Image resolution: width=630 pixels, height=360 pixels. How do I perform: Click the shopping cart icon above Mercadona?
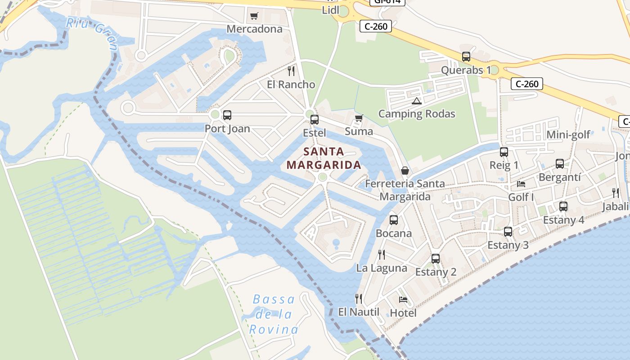(x=254, y=16)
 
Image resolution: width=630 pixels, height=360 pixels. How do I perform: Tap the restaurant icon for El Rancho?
(x=291, y=71)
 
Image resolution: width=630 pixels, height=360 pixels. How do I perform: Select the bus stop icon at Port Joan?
(x=227, y=115)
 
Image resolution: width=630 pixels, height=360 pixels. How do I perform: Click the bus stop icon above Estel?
(x=315, y=120)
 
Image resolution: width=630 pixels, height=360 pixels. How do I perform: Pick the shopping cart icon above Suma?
(x=359, y=118)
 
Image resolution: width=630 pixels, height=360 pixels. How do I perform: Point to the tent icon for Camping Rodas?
(x=416, y=101)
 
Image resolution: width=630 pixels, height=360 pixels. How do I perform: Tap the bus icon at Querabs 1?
(x=466, y=57)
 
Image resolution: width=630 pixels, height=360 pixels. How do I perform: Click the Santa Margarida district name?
(x=324, y=158)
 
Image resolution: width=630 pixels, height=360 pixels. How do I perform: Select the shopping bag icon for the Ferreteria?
(x=405, y=171)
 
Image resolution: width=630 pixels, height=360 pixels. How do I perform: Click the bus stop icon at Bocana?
(x=394, y=220)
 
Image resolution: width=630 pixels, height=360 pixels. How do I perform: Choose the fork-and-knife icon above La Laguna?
(x=382, y=255)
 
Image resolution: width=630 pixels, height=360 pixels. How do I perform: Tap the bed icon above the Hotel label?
(x=403, y=299)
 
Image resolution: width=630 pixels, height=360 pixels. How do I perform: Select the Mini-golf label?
(x=568, y=135)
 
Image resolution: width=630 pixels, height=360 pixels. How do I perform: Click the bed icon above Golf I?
(x=521, y=184)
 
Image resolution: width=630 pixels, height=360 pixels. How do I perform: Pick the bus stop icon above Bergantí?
(x=560, y=164)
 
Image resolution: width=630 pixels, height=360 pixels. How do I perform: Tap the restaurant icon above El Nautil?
(x=359, y=299)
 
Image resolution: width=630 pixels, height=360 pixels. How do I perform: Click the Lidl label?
(x=330, y=10)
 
